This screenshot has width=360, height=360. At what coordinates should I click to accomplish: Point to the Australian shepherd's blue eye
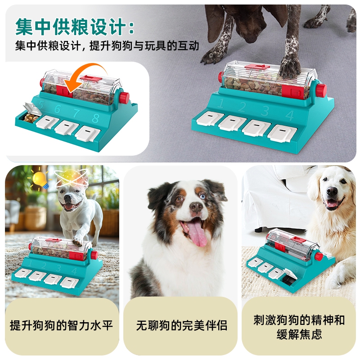coord(202,197)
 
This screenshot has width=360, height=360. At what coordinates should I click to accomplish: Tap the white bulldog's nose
coord(68,197)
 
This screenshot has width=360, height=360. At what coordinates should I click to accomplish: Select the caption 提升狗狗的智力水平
coord(62,325)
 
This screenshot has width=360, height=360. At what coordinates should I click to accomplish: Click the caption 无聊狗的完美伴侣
coord(182,325)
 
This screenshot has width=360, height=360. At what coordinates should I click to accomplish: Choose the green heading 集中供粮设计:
coord(75,27)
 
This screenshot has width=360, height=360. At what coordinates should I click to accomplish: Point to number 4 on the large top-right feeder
coord(289,116)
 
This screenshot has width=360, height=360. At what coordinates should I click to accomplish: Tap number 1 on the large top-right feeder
coord(220,103)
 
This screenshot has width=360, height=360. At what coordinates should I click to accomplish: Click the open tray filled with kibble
coord(31,117)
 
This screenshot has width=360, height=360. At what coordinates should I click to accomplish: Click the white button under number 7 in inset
coord(66,127)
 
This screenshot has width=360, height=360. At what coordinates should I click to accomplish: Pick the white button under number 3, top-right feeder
coord(255,128)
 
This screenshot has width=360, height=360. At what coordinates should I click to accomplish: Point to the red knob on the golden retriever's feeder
coord(319,256)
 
